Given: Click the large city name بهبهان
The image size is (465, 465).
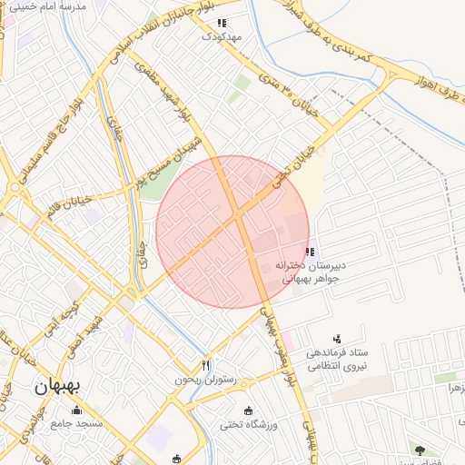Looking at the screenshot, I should (57, 386).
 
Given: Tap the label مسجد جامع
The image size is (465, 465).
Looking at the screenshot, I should (77, 424).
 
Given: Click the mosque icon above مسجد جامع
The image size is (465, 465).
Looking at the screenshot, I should (64, 410).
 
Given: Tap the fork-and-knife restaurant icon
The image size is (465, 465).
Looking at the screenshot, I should (205, 363).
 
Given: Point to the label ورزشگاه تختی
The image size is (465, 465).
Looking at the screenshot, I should (247, 424).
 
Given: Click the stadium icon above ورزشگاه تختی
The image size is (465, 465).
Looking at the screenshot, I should (248, 410).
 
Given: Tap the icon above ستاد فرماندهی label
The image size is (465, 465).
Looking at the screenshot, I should (338, 338).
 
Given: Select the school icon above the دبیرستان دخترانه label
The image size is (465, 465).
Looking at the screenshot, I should (310, 252).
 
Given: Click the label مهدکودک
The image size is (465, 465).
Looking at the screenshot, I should (221, 37).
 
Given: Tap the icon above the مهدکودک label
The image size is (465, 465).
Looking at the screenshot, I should (222, 23).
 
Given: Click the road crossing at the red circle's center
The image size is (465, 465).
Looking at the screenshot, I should (239, 215).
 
